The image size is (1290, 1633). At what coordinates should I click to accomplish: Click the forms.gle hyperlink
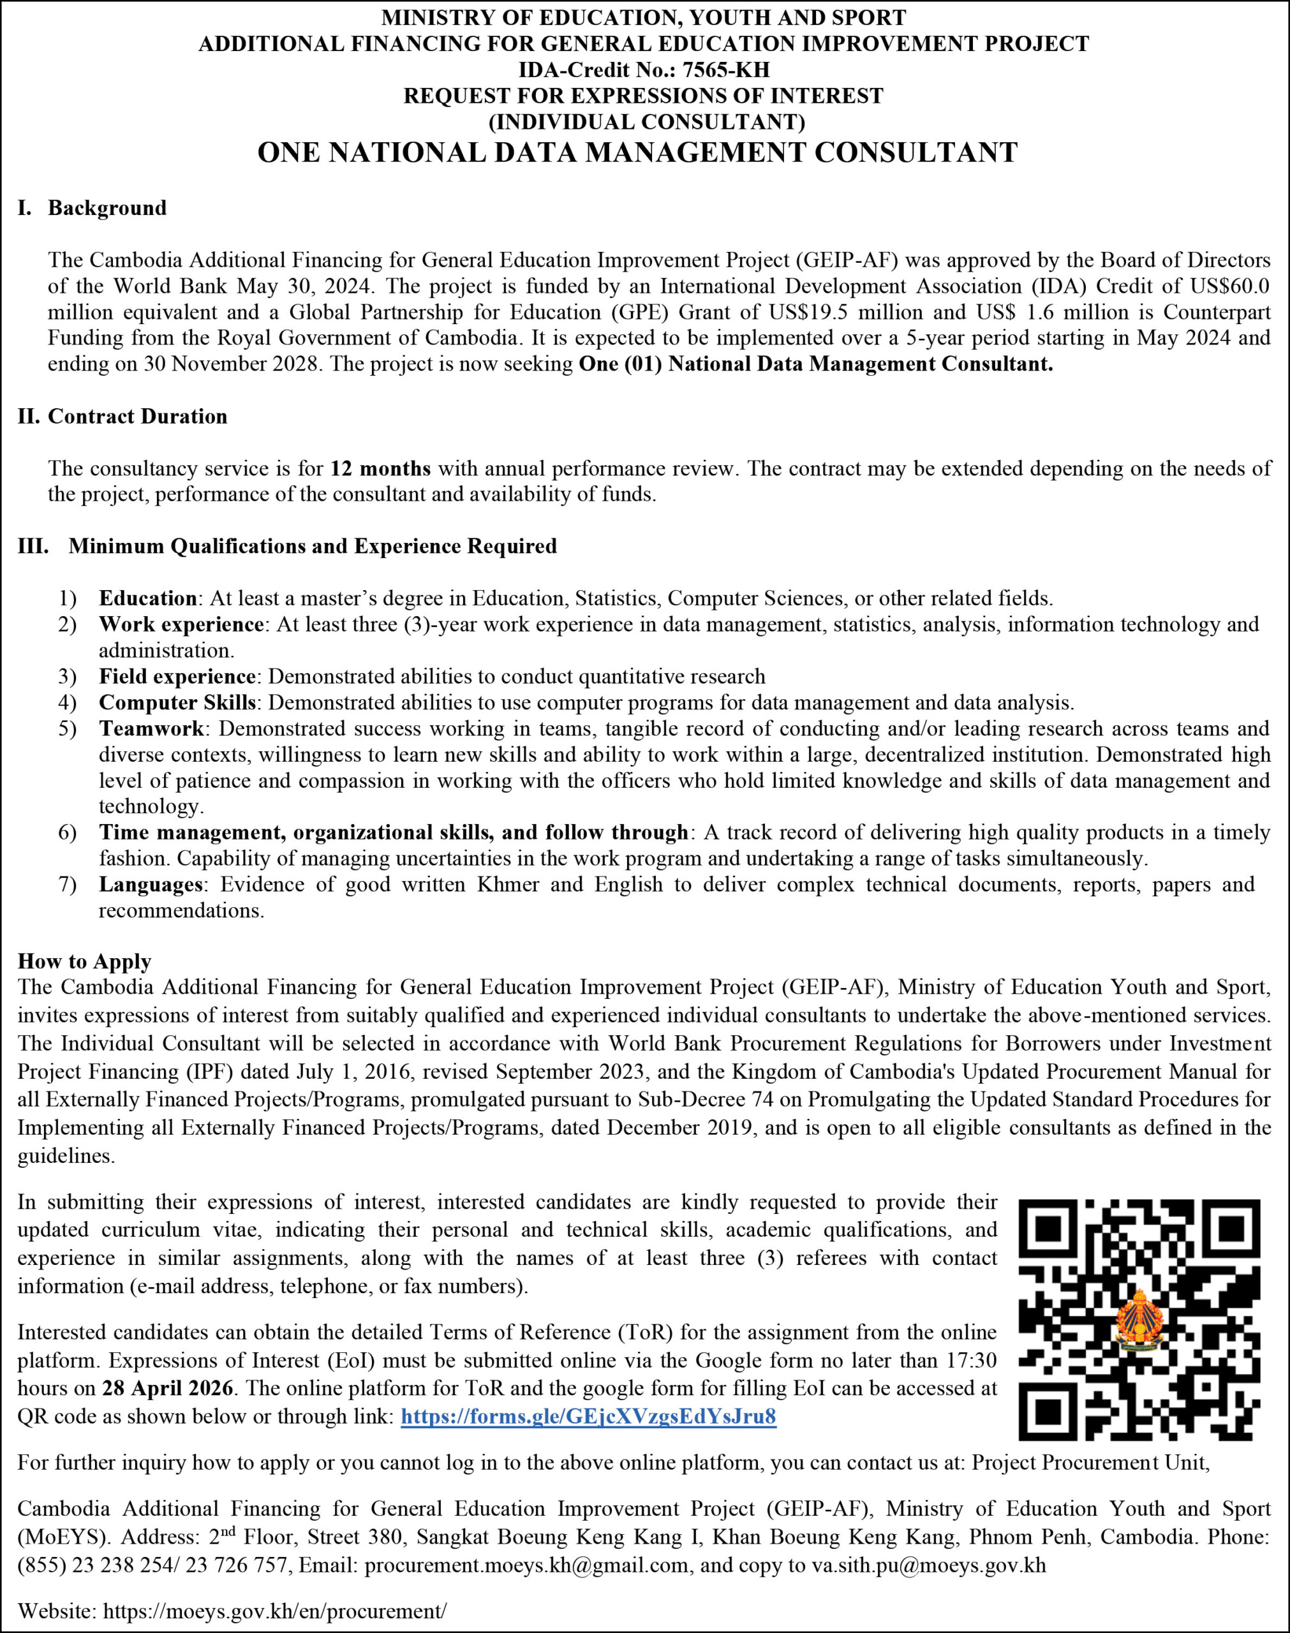click(x=588, y=1416)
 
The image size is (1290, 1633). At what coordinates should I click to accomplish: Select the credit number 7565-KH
click(x=726, y=70)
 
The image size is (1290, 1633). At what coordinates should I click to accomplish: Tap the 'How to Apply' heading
click(x=85, y=961)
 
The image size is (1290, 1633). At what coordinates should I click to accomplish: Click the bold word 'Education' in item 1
click(x=147, y=599)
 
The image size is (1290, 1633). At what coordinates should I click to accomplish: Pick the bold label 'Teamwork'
click(x=151, y=728)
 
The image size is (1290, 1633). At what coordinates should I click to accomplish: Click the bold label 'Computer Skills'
click(x=177, y=703)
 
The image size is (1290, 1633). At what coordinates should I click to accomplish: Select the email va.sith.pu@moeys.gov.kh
click(x=928, y=1565)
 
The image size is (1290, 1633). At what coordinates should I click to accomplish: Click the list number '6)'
click(x=67, y=832)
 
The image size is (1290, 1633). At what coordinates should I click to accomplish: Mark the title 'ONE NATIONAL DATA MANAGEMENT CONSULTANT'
click(x=637, y=152)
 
